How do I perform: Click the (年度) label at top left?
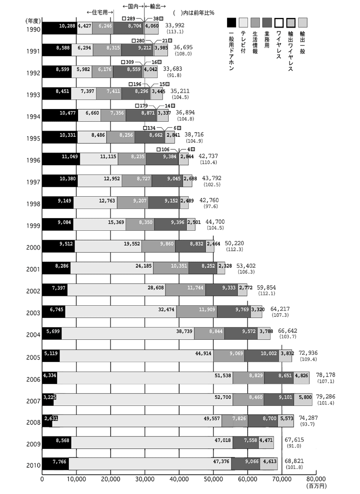coord(33,21)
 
